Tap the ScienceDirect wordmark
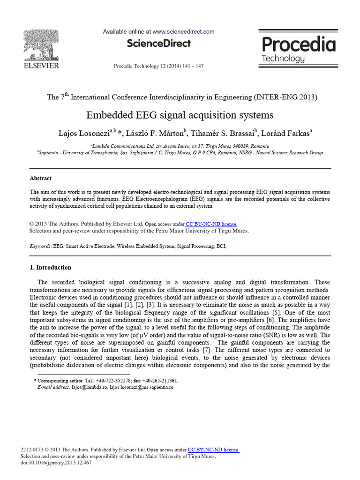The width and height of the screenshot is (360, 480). click(158, 44)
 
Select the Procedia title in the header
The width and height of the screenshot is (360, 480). click(299, 45)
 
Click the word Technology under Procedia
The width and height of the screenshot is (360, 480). click(283, 59)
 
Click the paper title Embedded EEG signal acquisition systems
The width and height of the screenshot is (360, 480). click(180, 115)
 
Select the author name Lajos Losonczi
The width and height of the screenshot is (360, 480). click(79, 133)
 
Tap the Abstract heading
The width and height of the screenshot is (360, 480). click(40, 179)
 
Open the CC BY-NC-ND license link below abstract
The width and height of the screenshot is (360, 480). click(211, 224)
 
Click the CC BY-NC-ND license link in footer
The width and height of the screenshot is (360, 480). click(213, 450)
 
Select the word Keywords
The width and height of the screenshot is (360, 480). click(40, 246)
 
